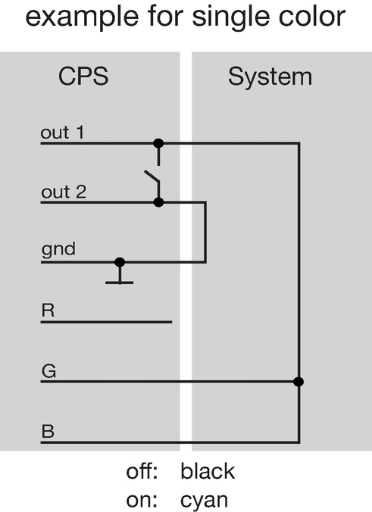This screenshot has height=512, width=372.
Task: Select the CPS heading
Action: (83, 76)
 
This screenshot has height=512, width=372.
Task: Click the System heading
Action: (270, 78)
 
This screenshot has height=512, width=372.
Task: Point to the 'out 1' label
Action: (62, 133)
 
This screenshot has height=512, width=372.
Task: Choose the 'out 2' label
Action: (64, 192)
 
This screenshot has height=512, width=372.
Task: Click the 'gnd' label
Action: (58, 250)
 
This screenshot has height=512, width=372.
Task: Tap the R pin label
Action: (48, 311)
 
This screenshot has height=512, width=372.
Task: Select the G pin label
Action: (48, 371)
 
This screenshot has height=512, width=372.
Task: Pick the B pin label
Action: (48, 431)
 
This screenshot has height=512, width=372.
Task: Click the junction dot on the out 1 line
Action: (158, 143)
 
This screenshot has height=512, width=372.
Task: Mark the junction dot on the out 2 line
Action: (158, 202)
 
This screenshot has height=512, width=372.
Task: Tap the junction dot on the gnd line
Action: (120, 262)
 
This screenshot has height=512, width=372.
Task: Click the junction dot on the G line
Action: (299, 382)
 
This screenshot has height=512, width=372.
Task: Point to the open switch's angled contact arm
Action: (152, 176)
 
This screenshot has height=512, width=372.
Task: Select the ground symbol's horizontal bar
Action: (119, 283)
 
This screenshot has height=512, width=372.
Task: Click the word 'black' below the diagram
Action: (208, 471)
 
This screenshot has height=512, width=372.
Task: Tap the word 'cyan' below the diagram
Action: (204, 501)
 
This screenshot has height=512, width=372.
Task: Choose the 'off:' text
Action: (142, 471)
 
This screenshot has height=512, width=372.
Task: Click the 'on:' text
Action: (142, 501)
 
